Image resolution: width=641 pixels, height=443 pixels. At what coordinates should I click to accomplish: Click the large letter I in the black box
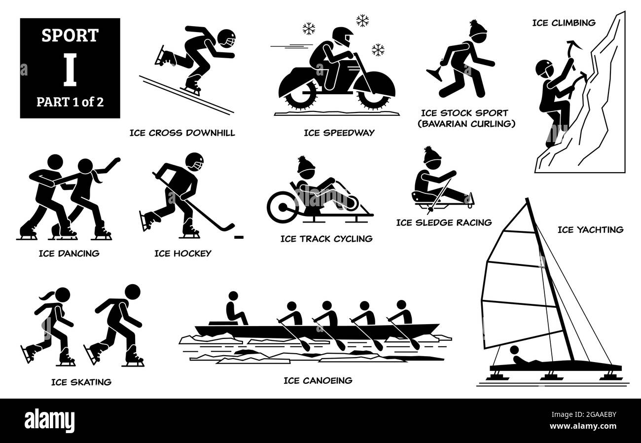point(70,70)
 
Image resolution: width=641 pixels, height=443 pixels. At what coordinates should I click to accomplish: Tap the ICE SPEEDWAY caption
point(339,133)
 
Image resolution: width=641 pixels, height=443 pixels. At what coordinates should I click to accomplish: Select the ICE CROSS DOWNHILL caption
point(182,133)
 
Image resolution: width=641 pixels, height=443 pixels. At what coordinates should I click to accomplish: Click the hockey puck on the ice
point(239,237)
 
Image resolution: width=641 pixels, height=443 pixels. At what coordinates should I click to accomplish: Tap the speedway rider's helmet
point(343,37)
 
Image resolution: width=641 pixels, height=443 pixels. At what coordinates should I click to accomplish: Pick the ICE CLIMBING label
point(564,23)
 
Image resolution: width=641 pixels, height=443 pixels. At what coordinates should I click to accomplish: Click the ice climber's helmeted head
point(544,69)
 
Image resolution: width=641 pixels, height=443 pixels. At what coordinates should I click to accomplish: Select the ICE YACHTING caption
point(590,230)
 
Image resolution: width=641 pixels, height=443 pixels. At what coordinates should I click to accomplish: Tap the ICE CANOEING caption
point(318,380)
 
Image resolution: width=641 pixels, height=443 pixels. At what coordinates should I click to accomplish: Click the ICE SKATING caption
point(81,382)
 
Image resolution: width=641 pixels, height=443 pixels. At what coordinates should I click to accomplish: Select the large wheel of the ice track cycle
point(282,207)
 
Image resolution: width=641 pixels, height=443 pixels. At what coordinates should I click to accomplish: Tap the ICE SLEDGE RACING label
point(444,222)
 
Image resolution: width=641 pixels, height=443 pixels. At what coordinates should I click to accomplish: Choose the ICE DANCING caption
point(69,254)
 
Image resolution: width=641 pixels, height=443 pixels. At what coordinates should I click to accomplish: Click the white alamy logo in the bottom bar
point(49,421)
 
